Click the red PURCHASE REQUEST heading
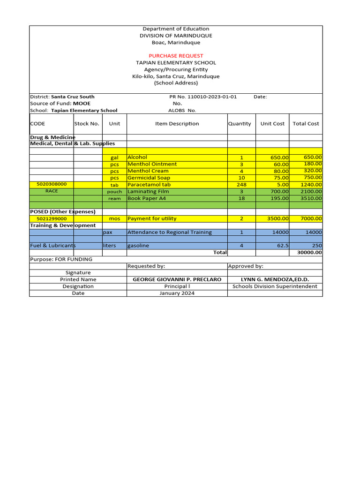(x=176, y=56)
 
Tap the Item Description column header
(x=177, y=124)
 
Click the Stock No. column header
(x=87, y=124)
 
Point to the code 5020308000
(x=52, y=185)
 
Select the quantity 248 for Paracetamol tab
(x=241, y=185)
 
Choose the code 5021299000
(x=52, y=219)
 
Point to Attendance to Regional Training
(x=170, y=232)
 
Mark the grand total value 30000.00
(x=309, y=253)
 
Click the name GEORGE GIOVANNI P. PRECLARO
(x=177, y=279)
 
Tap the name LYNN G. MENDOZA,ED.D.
(x=275, y=279)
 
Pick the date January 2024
(x=177, y=293)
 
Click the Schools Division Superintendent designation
(x=275, y=286)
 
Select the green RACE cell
(x=52, y=191)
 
